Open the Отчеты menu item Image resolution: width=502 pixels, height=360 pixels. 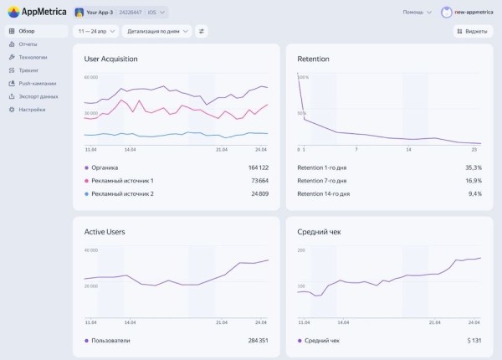pyautogui.click(x=28, y=44)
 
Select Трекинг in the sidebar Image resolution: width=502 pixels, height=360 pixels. pyautogui.click(x=28, y=69)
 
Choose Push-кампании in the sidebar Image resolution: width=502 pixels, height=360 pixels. pyautogui.click(x=37, y=83)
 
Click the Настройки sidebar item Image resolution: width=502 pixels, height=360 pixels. pyautogui.click(x=32, y=109)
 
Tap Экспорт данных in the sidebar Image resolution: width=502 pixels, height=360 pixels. pyautogui.click(x=38, y=96)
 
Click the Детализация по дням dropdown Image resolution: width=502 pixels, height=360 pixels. pyautogui.click(x=156, y=31)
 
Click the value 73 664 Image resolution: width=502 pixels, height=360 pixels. pyautogui.click(x=254, y=181)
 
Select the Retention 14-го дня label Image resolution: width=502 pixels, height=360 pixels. pyautogui.click(x=323, y=193)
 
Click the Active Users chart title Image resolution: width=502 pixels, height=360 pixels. pyautogui.click(x=105, y=231)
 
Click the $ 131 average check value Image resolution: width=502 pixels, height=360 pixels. pyautogui.click(x=474, y=341)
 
